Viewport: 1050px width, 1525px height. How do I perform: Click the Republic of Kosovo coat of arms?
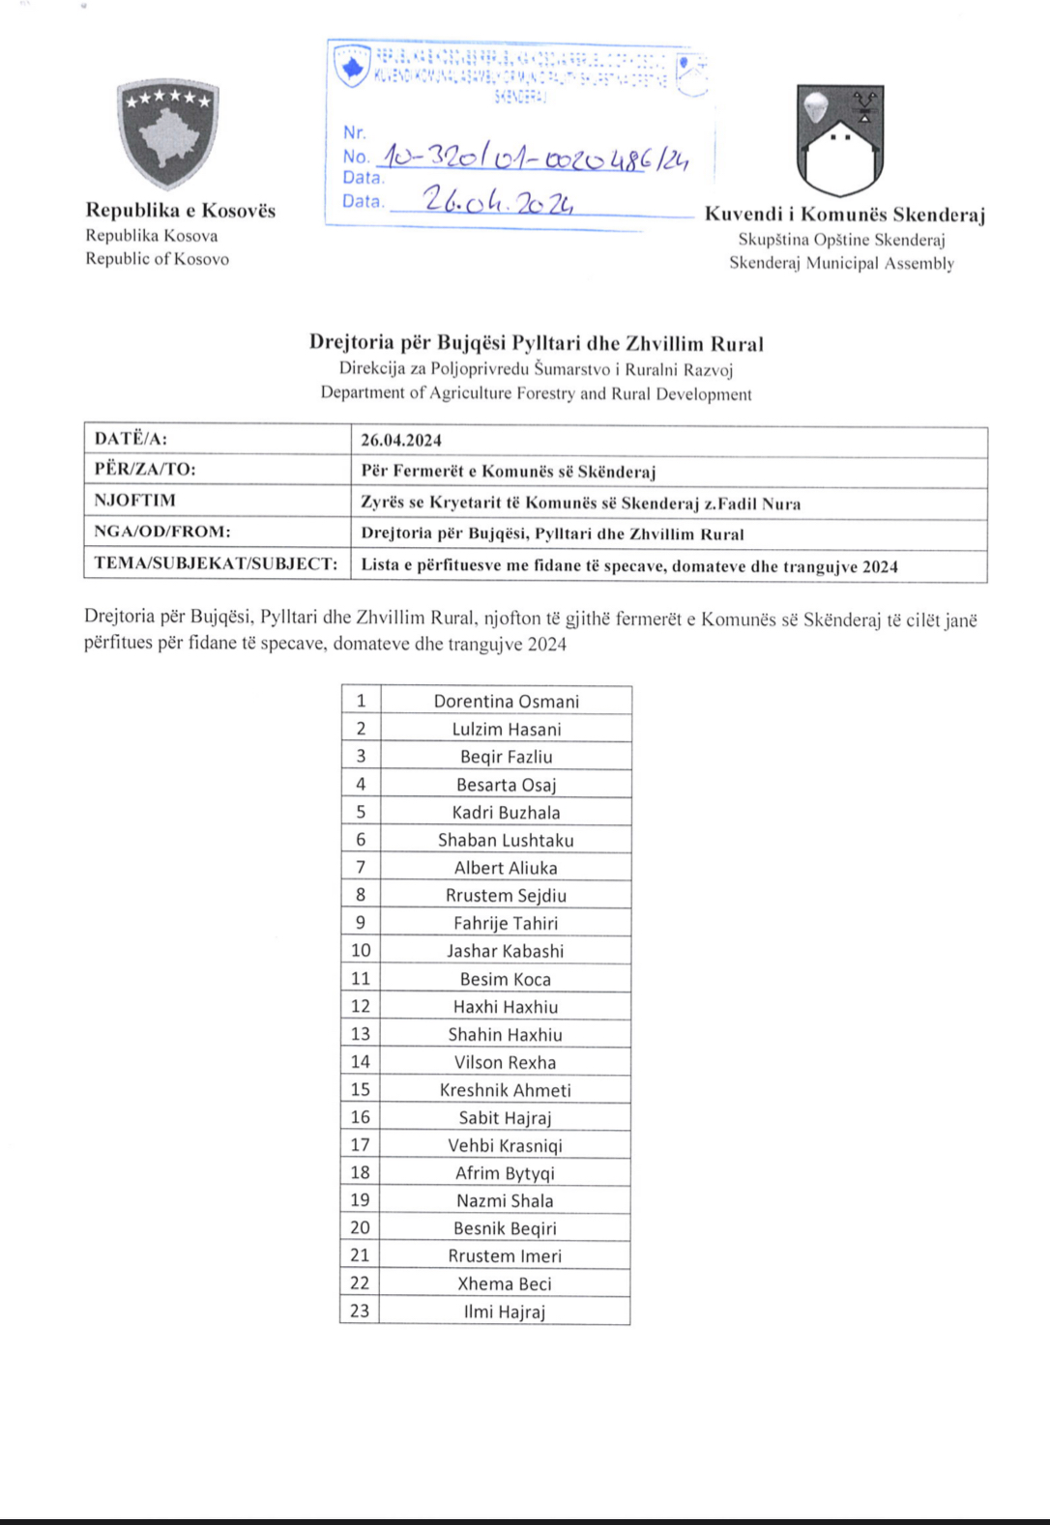point(168,133)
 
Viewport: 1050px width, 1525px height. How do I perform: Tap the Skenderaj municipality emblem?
point(840,140)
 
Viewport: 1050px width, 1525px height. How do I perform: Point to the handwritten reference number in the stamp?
point(534,156)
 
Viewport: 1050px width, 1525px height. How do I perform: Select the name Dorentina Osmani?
point(506,701)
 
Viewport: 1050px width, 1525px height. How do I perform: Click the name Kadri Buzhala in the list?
point(506,812)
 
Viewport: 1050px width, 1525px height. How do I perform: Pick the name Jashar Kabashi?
point(505,951)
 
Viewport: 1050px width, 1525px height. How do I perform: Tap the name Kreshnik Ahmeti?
point(505,1090)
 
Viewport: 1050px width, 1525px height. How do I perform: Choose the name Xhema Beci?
point(504,1283)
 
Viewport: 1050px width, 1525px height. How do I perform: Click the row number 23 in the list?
point(360,1311)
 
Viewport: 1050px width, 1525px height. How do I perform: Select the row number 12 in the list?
point(361,1006)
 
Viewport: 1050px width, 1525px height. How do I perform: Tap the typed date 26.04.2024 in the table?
point(401,440)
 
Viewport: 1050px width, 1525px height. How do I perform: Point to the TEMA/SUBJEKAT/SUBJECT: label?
point(216,564)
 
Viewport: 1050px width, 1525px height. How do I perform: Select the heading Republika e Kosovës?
point(181,210)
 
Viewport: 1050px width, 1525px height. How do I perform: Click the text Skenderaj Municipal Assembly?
point(841,263)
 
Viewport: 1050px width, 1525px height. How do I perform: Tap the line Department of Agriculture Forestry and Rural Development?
point(536,393)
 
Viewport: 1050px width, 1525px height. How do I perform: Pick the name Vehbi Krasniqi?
point(505,1145)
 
